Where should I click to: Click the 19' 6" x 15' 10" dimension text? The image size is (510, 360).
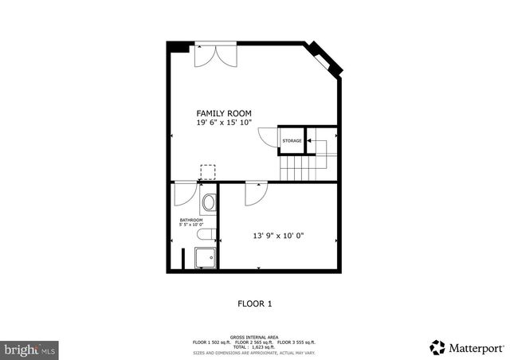[x=224, y=123]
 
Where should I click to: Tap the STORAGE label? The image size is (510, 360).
[x=292, y=141]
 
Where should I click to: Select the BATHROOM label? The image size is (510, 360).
[x=191, y=220]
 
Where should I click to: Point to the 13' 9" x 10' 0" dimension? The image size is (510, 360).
[x=279, y=236]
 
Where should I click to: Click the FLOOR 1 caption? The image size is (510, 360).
[x=255, y=303]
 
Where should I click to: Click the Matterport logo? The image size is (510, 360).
[x=466, y=347]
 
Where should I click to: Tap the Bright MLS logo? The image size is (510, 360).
[x=29, y=349]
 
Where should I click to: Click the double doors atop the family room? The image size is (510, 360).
[x=216, y=55]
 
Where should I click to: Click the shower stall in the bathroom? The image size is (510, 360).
[x=206, y=259]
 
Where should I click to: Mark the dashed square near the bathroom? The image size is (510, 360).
[x=208, y=173]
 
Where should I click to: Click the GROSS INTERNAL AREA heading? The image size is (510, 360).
[x=255, y=337]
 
